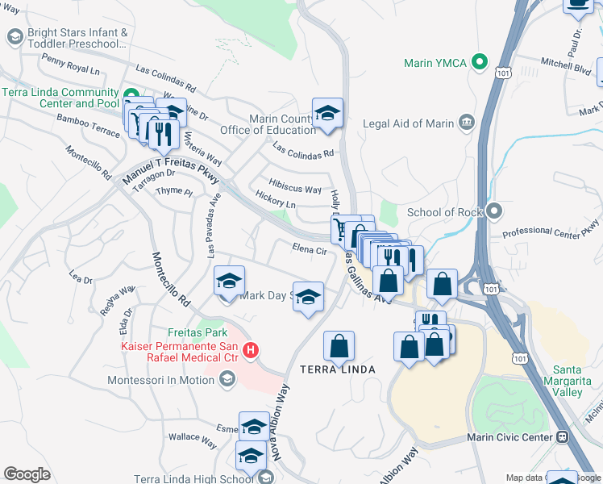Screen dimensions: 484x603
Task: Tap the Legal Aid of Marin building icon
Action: point(466,123)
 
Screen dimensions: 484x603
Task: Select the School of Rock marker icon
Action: point(494,212)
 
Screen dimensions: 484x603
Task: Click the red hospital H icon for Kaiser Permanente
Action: point(251,351)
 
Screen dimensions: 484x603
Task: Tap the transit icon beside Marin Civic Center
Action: point(562,436)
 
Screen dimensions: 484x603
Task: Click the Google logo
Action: point(27,474)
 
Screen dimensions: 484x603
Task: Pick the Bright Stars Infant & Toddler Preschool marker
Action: point(14,37)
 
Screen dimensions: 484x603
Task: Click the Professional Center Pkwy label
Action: point(551,229)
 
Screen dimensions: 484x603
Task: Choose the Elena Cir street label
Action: point(310,250)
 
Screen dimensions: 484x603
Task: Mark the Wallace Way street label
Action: point(198,441)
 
